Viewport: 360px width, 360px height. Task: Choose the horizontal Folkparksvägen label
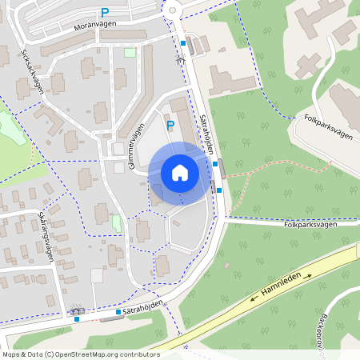click(321, 225)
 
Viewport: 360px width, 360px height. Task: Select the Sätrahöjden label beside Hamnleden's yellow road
click(144, 307)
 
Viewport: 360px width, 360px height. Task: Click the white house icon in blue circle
click(180, 173)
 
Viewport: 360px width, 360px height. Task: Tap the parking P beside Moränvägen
click(105, 12)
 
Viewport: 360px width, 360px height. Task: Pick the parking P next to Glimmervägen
click(170, 125)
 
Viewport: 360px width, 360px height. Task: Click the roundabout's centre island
click(173, 10)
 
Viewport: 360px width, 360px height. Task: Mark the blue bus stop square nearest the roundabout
click(183, 43)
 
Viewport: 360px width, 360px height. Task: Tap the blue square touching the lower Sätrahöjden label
click(118, 311)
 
